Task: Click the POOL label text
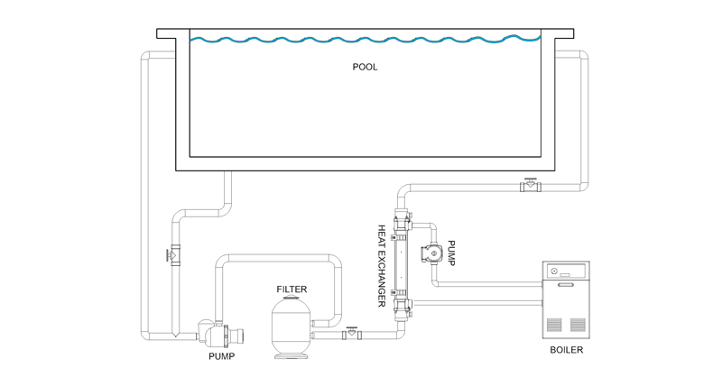[365, 67]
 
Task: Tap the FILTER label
[292, 290]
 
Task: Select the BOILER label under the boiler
[567, 350]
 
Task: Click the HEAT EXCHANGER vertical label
[382, 265]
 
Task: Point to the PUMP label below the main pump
[221, 356]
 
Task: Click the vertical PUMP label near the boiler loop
[451, 253]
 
